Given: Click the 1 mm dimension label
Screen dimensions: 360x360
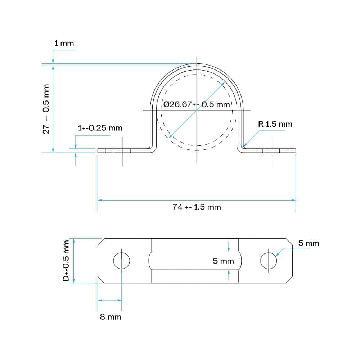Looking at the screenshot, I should tap(64, 44).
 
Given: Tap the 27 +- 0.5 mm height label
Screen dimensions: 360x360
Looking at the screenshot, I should tap(46, 108).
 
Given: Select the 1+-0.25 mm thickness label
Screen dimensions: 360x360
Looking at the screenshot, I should tap(100, 128).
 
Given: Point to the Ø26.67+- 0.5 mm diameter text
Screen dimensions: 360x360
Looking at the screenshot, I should tap(197, 104).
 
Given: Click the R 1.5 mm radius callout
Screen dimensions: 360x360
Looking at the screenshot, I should tap(275, 124).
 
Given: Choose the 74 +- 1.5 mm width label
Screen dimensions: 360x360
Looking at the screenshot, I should tap(197, 207).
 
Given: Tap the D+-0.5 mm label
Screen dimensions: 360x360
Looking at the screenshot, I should tap(66, 261).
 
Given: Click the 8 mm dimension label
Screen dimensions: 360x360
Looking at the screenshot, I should tap(111, 317).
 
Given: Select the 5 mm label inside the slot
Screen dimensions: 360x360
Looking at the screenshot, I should tap(223, 261).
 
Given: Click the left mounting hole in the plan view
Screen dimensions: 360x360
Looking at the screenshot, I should tap(122, 261).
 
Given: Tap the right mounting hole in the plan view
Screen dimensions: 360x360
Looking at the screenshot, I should tap(268, 261).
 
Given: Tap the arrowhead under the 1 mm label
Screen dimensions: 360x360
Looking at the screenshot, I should tap(53, 62).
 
